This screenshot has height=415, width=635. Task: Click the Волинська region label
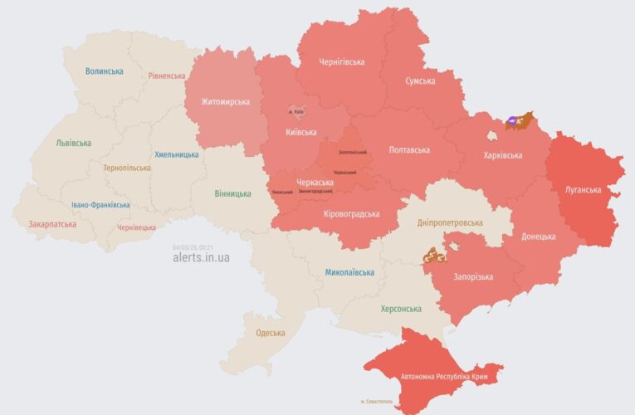[x=104, y=71]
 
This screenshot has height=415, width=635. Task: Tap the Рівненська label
[x=167, y=76]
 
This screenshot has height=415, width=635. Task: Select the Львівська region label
[x=73, y=143]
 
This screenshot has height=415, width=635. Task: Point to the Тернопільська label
[x=127, y=168]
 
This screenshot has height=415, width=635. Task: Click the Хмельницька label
[x=176, y=154]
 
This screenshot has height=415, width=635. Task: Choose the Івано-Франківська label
[x=100, y=204]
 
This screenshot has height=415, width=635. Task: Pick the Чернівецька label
[x=136, y=227]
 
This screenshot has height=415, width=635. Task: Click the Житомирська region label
[x=225, y=102]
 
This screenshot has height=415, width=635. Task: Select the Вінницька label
[x=232, y=193]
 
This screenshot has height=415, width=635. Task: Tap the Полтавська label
[x=409, y=150]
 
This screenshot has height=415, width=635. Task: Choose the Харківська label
[x=502, y=155]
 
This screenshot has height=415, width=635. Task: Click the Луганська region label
[x=584, y=189]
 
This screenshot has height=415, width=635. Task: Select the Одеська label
[x=270, y=333]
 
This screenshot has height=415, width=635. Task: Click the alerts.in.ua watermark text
[x=201, y=257]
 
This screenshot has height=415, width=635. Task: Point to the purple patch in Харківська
[x=515, y=121]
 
